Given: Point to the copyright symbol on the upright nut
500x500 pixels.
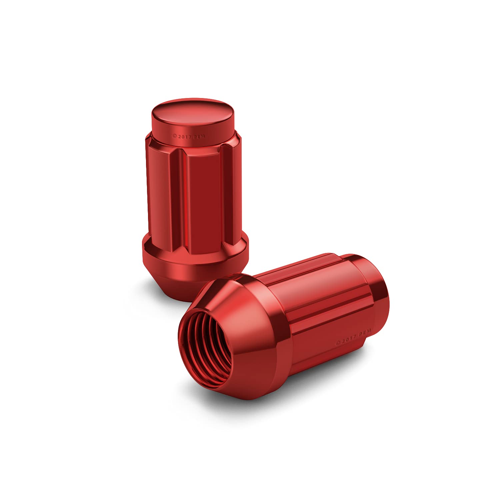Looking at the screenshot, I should (x=174, y=136).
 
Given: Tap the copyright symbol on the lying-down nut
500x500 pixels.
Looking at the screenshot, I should (x=337, y=343).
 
